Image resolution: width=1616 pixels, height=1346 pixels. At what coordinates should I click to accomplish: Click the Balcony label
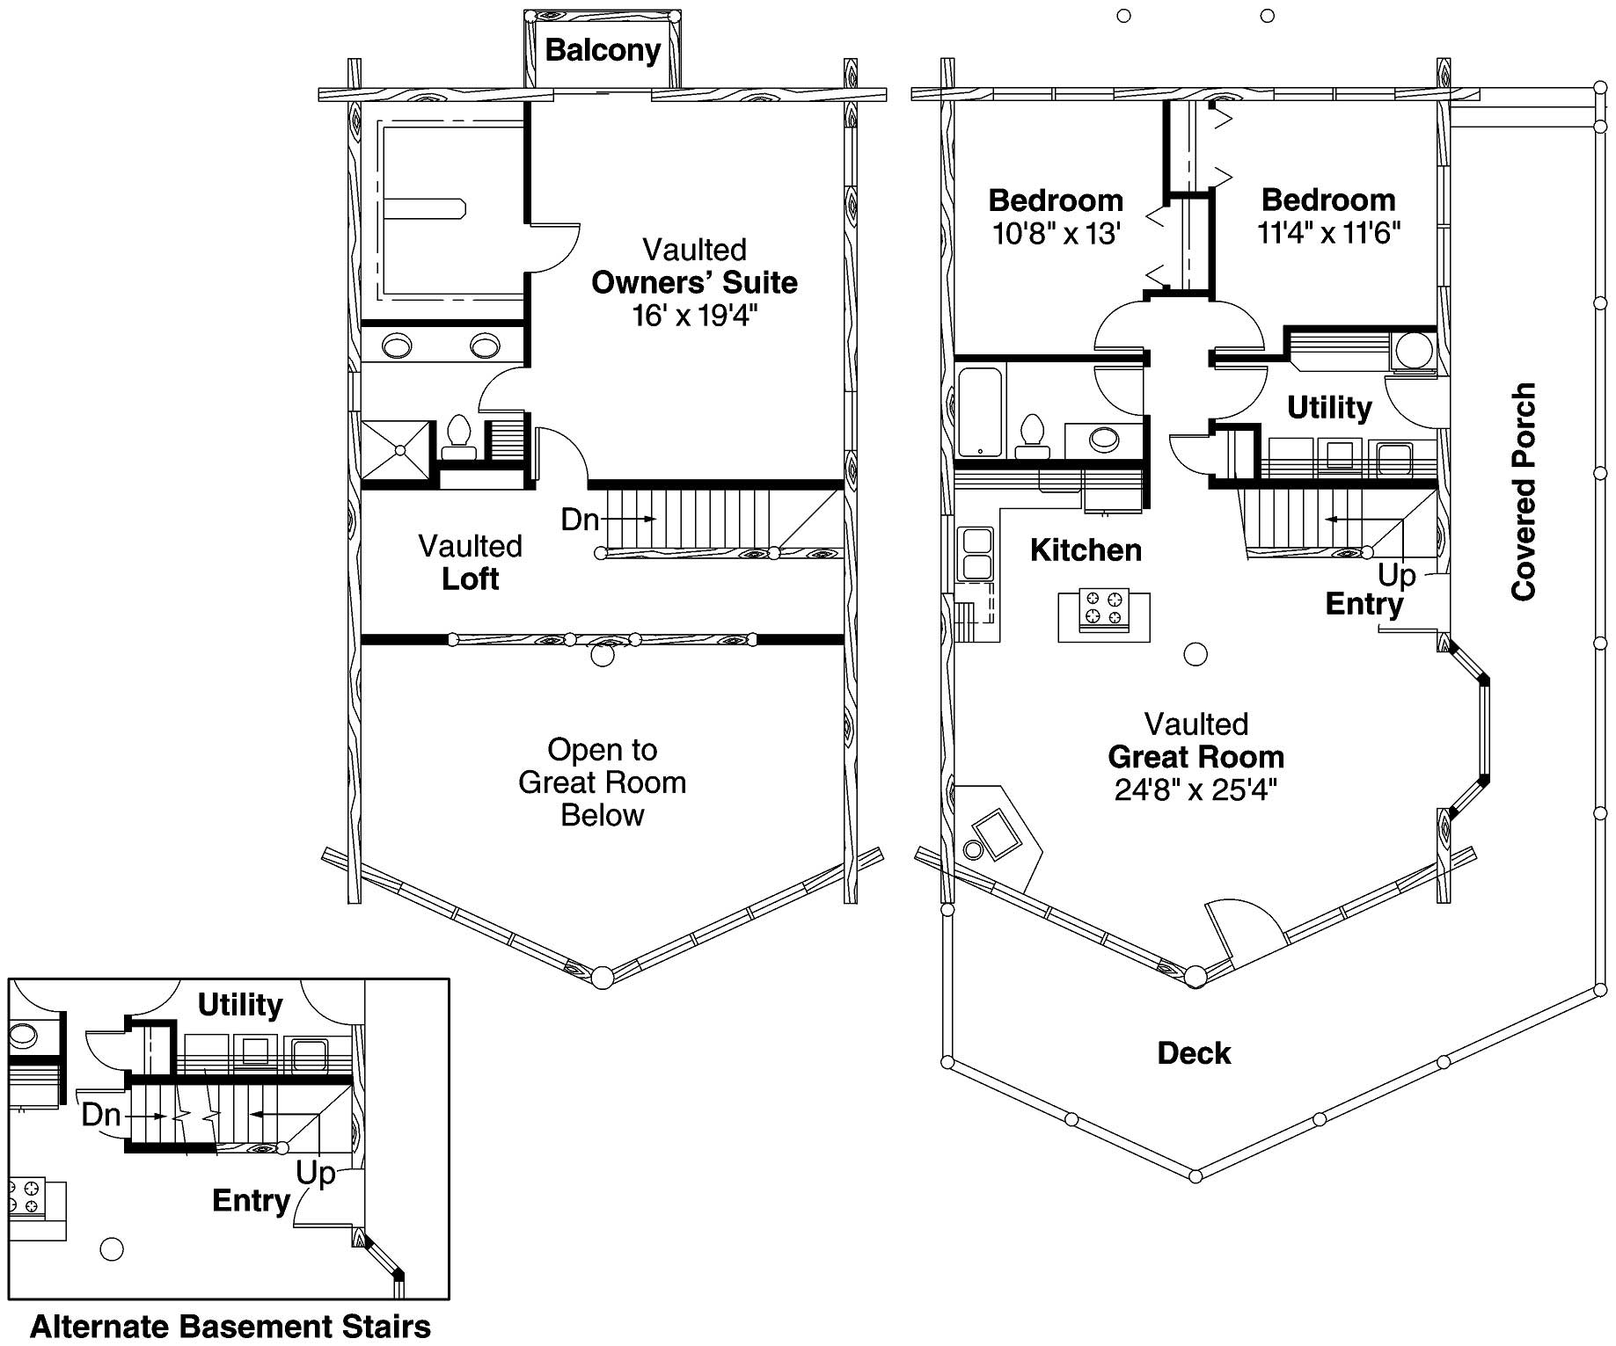click(603, 50)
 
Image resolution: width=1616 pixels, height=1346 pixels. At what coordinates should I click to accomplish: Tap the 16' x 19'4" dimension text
click(694, 316)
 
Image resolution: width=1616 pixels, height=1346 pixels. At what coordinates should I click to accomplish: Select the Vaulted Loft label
click(471, 563)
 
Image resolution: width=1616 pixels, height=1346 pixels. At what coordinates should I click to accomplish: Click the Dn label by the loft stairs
click(580, 520)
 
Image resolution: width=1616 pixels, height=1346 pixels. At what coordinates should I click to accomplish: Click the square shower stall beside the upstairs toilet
click(399, 450)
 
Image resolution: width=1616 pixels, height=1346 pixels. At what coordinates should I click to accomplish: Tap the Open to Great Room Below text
click(603, 782)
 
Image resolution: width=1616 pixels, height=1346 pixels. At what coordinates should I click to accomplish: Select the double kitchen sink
click(976, 553)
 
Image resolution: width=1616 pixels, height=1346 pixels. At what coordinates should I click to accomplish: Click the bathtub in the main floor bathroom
click(980, 412)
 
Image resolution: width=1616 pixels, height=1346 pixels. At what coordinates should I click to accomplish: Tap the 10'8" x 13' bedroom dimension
click(1056, 234)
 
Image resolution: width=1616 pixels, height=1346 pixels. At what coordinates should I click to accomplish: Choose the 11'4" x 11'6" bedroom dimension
click(1328, 233)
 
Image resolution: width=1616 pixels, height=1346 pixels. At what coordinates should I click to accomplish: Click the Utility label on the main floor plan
click(1328, 408)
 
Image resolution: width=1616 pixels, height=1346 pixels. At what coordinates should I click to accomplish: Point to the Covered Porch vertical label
click(1523, 492)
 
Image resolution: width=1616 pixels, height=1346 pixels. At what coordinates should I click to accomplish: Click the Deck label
click(1194, 1053)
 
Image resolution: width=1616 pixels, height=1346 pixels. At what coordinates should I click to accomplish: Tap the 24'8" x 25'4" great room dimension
click(1196, 789)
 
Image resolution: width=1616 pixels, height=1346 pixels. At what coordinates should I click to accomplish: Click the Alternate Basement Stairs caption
click(230, 1326)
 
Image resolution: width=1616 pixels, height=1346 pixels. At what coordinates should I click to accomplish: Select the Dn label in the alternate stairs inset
click(101, 1115)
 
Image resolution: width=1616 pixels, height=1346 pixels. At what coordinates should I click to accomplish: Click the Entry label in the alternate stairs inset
click(251, 1201)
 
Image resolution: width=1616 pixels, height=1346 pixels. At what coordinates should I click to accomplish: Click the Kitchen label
click(1086, 550)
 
